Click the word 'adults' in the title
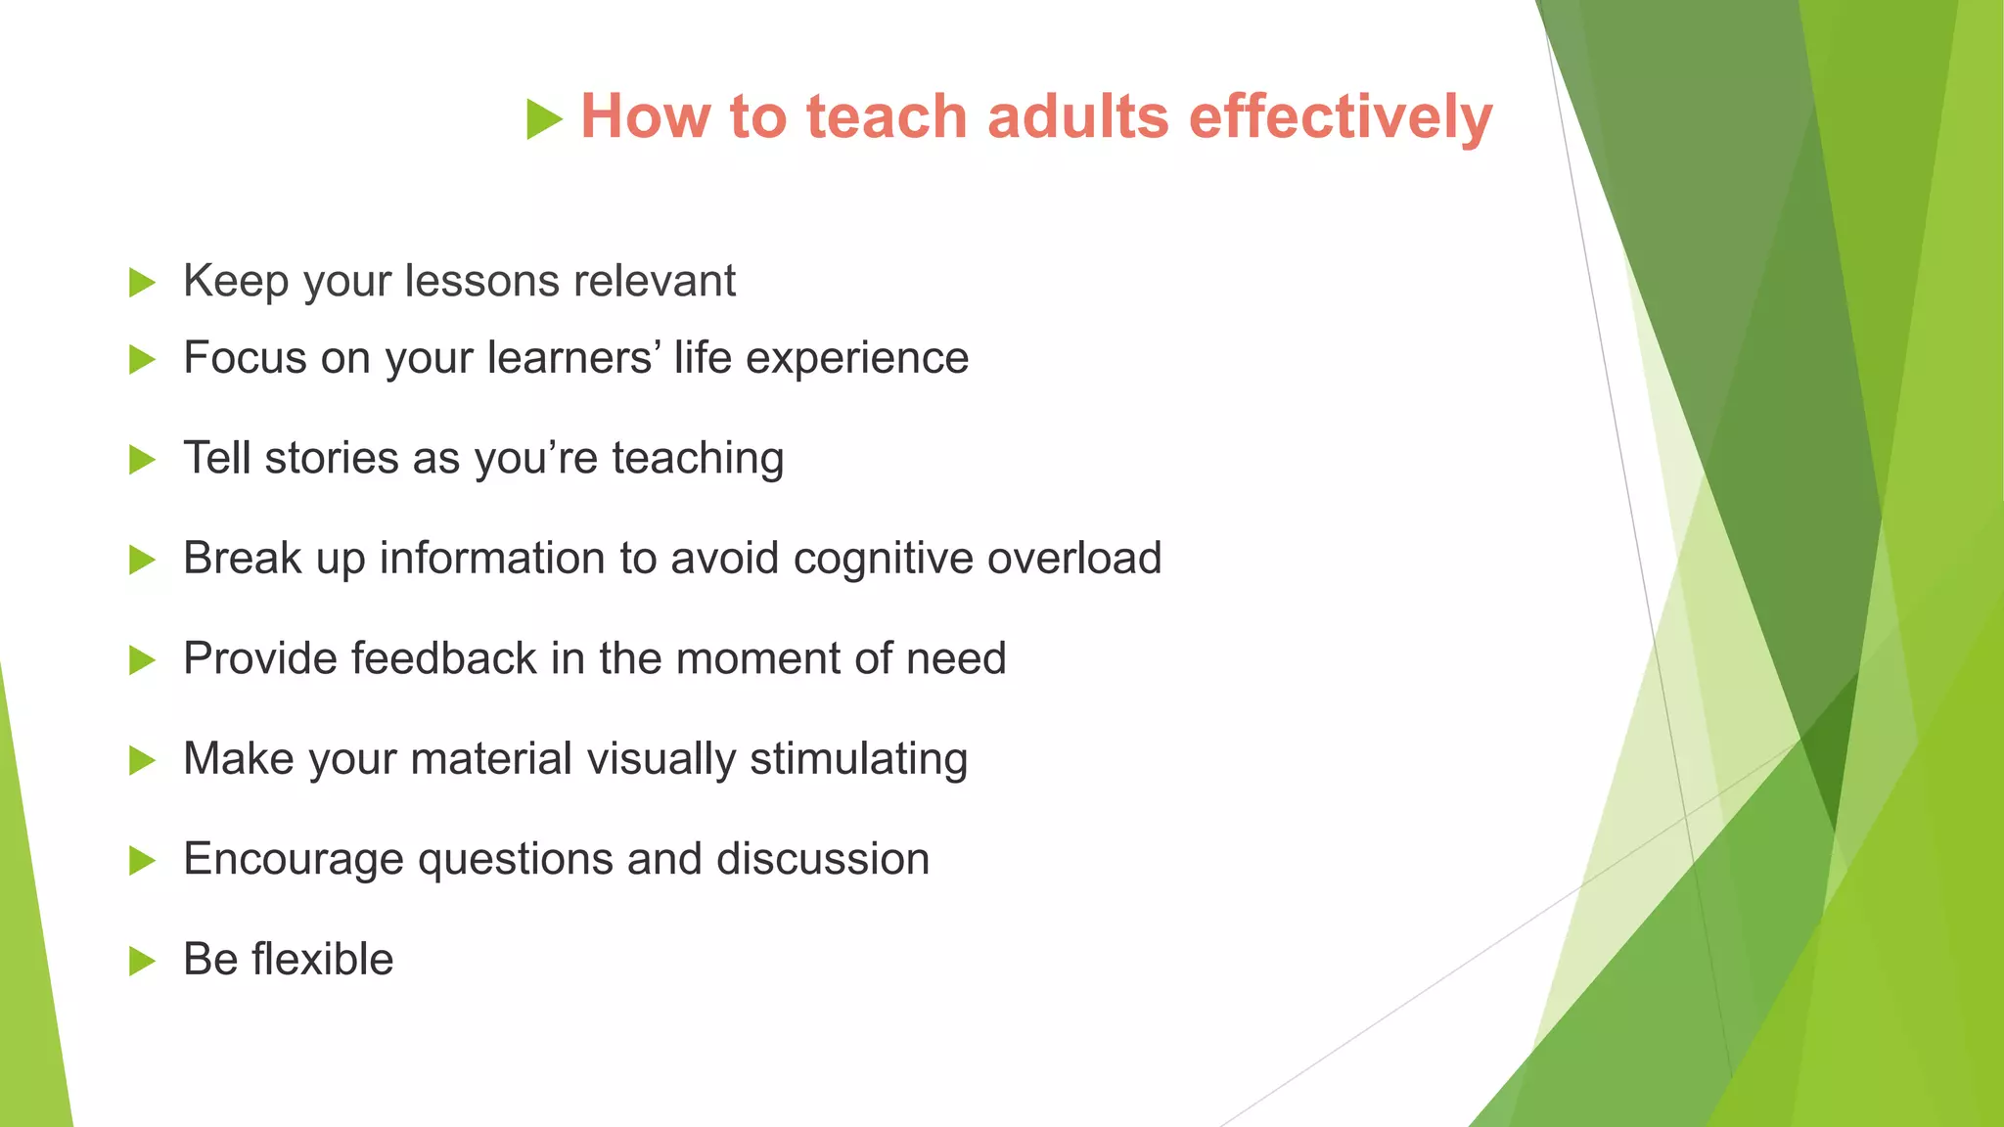click(x=1077, y=116)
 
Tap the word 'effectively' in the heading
click(x=1341, y=116)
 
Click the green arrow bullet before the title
click(x=544, y=119)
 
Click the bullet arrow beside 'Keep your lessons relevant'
click(x=142, y=284)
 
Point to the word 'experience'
click(x=857, y=359)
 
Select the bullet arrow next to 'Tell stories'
click(x=142, y=460)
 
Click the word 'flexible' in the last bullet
click(x=322, y=959)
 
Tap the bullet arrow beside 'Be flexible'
click(x=142, y=962)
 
